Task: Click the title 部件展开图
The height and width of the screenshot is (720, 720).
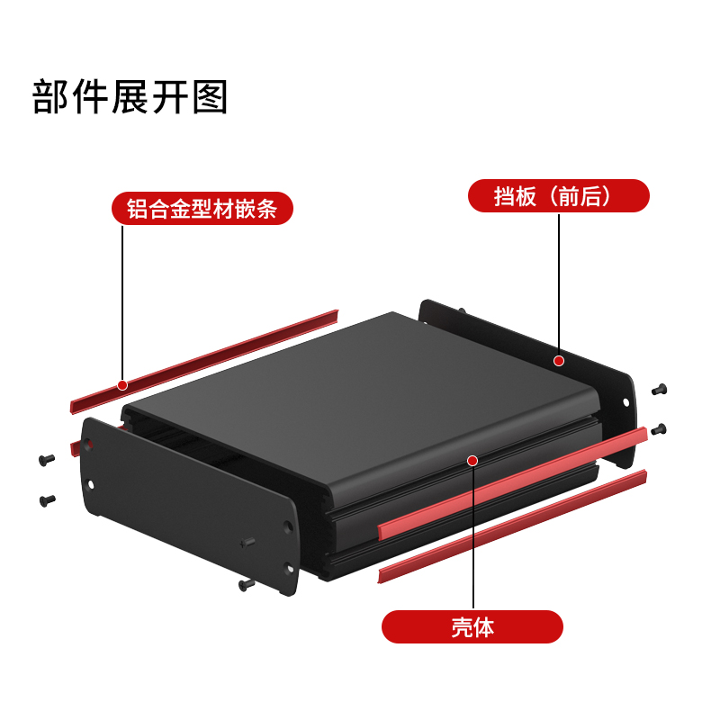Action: click(130, 97)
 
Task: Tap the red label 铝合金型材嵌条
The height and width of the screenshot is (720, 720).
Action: click(202, 209)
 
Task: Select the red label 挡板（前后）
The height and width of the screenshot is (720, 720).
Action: click(558, 196)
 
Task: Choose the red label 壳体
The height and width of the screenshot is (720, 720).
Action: click(472, 626)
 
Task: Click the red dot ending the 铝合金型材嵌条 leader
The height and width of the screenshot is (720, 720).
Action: click(122, 385)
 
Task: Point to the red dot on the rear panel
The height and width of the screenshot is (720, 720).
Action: click(558, 361)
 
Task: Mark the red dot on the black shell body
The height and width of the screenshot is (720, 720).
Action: click(472, 461)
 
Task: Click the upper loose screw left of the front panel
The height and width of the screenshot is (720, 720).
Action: click(47, 459)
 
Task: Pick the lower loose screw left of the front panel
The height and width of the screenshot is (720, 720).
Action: click(48, 500)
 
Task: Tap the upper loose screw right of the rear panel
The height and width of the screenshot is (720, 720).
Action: click(660, 390)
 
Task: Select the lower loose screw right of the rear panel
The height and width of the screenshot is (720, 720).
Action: click(659, 429)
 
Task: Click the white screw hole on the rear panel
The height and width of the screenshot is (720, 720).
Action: click(625, 402)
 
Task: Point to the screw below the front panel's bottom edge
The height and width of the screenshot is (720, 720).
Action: click(247, 584)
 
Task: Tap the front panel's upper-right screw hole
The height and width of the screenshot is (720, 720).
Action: click(288, 526)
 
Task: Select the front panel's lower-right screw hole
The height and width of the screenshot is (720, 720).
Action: click(290, 569)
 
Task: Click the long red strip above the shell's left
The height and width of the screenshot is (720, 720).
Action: click(204, 362)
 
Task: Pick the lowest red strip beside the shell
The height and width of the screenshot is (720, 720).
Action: click(512, 526)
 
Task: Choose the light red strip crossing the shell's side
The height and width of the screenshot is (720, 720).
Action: click(512, 483)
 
